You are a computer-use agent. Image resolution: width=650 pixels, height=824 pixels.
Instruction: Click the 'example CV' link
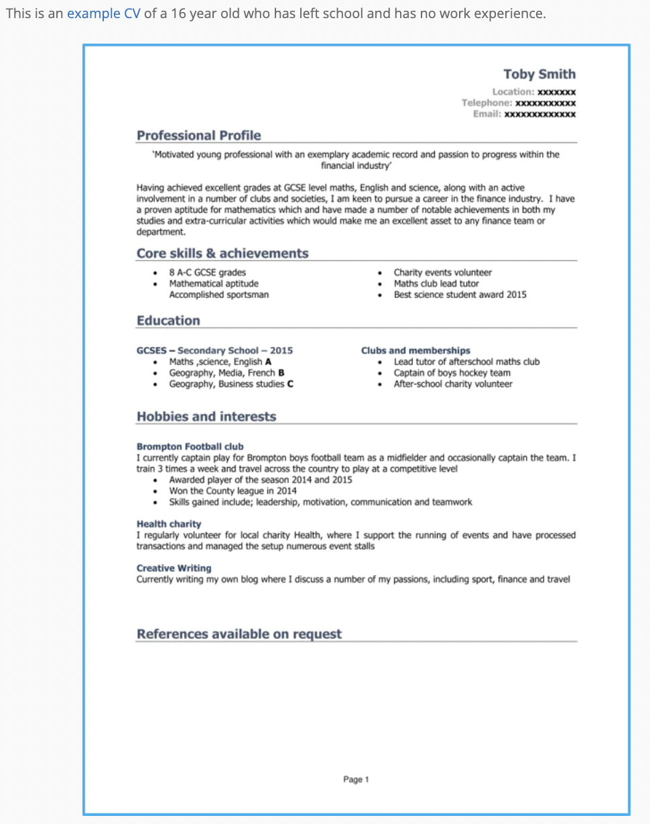104,13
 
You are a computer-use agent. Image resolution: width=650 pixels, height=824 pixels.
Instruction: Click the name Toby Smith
539,74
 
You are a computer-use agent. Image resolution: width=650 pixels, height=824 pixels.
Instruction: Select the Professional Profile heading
198,136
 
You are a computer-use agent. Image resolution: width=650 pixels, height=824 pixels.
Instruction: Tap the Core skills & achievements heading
222,254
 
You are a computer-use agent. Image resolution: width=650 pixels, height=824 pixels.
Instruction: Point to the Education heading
168,321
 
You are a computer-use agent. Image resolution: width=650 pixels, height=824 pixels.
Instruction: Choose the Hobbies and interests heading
206,417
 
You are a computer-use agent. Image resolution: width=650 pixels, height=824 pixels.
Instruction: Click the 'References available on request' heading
239,634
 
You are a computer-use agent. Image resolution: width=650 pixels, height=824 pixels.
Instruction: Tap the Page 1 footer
356,780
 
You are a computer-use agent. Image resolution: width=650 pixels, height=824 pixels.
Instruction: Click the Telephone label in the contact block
486,103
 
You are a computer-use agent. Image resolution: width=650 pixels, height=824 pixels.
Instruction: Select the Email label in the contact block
486,115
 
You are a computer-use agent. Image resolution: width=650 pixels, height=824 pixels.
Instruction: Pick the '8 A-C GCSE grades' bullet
207,272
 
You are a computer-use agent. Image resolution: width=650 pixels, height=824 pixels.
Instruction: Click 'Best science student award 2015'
460,295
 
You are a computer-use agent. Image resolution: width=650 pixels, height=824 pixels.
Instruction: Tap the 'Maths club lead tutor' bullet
436,284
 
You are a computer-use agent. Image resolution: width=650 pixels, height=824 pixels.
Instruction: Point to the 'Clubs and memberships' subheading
415,350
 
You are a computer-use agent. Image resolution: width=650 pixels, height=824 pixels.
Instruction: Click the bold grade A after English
268,362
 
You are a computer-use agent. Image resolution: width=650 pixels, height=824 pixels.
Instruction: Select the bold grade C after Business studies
290,384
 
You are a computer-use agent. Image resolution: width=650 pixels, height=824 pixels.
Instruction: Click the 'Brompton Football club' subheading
190,446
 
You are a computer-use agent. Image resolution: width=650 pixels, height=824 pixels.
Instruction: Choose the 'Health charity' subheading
169,523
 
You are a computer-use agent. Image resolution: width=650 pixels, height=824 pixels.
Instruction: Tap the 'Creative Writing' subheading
174,568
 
